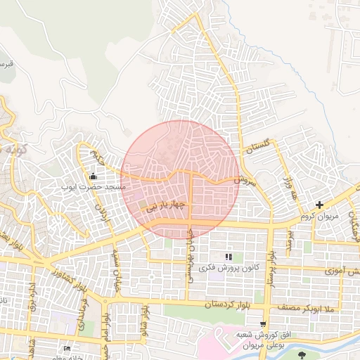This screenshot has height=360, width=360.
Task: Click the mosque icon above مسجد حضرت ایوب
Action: point(94,176)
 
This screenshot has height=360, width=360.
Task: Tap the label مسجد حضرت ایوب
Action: point(93,188)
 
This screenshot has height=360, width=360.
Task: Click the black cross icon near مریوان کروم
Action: point(320,205)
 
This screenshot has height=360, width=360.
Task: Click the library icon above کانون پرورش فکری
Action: point(228,257)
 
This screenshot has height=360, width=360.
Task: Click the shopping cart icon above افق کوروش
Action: point(263,324)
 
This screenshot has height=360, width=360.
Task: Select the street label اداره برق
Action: point(32,297)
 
